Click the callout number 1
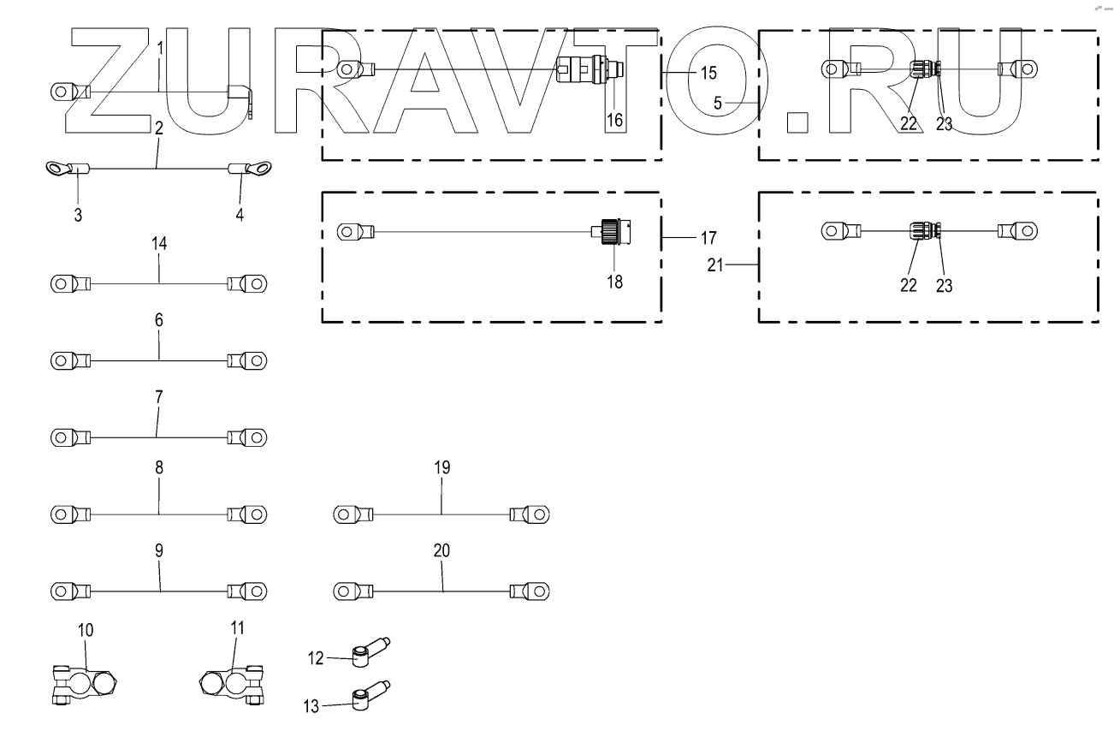pyautogui.click(x=160, y=48)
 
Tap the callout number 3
pyautogui.click(x=78, y=215)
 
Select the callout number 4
pyautogui.click(x=240, y=215)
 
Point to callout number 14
pyautogui.click(x=159, y=243)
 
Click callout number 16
pyautogui.click(x=614, y=120)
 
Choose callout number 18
pyautogui.click(x=614, y=282)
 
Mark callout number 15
pyautogui.click(x=708, y=73)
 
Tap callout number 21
pyautogui.click(x=715, y=265)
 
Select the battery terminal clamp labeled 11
pyautogui.click(x=232, y=685)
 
